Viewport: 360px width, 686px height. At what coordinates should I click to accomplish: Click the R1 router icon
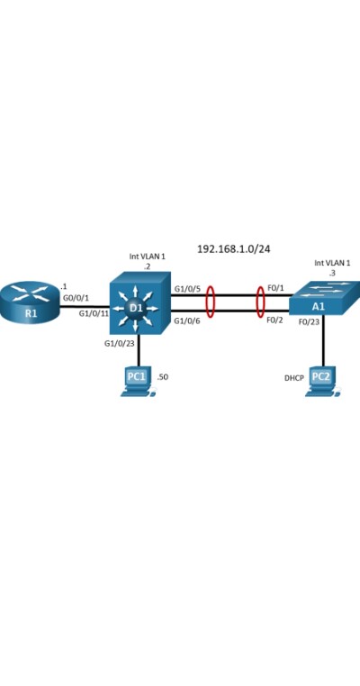tap(30, 302)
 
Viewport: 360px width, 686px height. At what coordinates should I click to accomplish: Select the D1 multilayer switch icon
tap(140, 302)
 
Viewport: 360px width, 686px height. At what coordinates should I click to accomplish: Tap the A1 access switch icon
tap(325, 297)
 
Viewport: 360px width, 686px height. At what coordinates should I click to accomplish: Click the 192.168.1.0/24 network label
tap(234, 249)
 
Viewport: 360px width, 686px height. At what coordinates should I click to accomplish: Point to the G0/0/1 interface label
tap(77, 298)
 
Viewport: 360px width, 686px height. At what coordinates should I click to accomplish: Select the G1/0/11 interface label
tap(94, 313)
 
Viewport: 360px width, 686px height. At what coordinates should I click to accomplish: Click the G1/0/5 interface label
tap(188, 288)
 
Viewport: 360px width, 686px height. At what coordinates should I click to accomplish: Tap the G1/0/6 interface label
tap(188, 320)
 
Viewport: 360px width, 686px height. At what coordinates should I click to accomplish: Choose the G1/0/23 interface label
tap(119, 343)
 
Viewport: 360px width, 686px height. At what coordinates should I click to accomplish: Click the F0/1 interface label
tap(275, 288)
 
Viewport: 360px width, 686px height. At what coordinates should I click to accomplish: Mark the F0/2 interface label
tap(275, 320)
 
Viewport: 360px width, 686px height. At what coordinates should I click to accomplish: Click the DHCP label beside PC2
tap(294, 377)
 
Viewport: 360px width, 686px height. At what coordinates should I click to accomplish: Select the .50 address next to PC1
tap(163, 376)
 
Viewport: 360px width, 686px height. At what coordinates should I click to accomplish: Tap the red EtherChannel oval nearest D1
tap(206, 302)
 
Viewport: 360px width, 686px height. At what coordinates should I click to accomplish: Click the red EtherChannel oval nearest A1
tap(256, 302)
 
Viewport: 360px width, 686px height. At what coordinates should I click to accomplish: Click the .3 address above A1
tap(332, 273)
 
